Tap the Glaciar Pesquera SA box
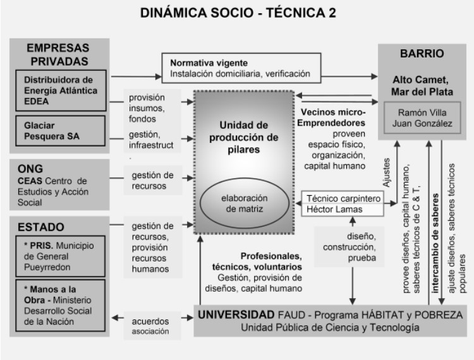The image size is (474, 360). pyautogui.click(x=61, y=131)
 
